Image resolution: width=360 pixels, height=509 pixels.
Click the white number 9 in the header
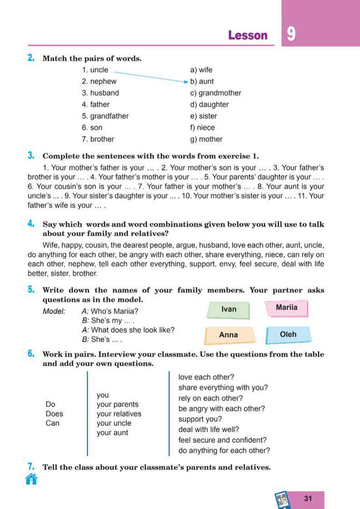point(291,34)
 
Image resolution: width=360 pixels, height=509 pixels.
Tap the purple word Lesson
point(248,36)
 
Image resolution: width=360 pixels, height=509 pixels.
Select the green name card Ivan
point(228,309)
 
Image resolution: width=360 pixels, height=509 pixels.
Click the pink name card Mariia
point(286,308)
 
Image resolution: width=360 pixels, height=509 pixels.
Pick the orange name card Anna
point(229,335)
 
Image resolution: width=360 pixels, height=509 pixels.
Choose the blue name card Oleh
point(288,335)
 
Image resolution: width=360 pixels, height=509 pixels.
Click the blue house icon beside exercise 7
point(31,479)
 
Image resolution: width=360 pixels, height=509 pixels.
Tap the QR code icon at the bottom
point(282,500)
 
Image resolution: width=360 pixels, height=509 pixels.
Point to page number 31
point(309,499)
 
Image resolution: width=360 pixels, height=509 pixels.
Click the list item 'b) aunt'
point(202,81)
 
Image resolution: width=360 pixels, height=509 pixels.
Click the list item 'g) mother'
point(206,139)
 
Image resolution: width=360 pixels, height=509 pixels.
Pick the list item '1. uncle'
point(95,70)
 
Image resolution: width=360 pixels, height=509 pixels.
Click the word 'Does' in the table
point(54,414)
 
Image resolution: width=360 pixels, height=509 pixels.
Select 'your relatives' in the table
point(119,414)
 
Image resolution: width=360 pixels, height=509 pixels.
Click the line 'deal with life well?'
point(209,429)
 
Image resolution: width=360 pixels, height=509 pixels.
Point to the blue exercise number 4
point(31,224)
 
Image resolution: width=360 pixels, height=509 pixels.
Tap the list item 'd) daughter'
point(209,105)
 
